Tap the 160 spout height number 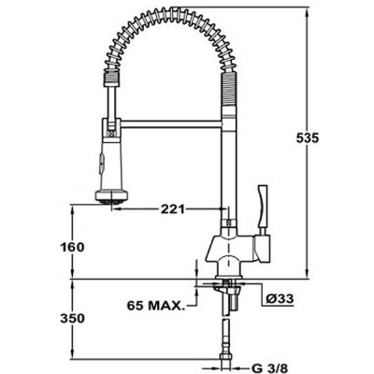tap(85, 247)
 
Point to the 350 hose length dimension tap(85, 319)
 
